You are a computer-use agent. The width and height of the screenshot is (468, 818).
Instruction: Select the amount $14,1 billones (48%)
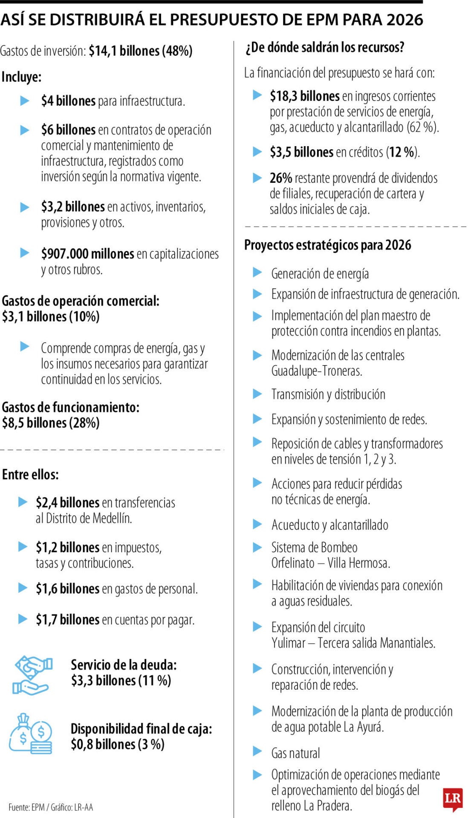tap(141, 51)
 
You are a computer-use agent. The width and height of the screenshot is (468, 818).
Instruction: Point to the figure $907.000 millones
tap(87, 254)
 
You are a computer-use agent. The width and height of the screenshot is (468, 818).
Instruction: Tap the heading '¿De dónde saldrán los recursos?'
tap(325, 47)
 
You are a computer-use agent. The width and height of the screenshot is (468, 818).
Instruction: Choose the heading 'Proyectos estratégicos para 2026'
tap(327, 245)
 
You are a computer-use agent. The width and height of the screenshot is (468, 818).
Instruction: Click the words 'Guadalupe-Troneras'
tap(317, 371)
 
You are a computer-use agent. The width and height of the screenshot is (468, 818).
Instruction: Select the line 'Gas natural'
tap(295, 753)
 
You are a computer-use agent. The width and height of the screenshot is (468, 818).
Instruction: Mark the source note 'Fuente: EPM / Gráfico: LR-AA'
tap(51, 807)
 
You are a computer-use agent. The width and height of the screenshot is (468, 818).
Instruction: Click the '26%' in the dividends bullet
tap(280, 178)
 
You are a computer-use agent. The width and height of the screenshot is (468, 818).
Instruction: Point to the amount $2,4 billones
tap(67, 503)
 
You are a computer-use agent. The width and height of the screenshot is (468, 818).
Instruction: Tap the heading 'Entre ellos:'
tap(30, 475)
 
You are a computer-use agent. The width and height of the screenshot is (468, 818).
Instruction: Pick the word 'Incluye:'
tap(21, 77)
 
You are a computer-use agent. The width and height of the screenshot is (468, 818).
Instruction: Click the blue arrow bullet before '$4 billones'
tap(25, 101)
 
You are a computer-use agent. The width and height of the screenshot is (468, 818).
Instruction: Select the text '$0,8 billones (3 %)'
tap(118, 744)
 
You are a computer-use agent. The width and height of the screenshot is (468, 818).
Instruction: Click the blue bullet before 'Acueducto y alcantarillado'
tap(257, 524)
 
